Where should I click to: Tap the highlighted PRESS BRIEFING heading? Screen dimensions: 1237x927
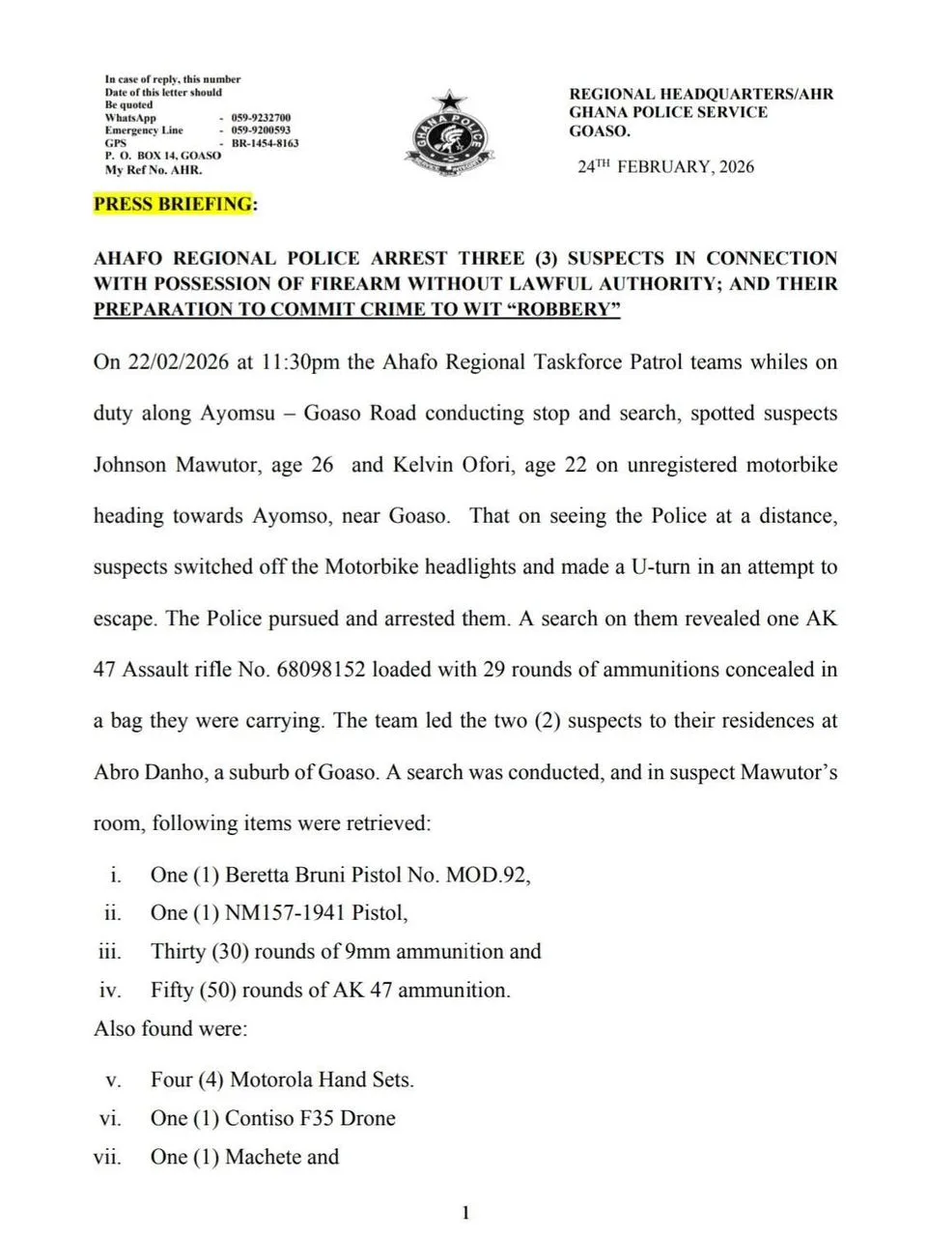tap(173, 204)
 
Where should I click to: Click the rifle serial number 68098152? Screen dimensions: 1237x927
tap(321, 670)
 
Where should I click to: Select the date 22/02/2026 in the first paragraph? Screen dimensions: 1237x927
tap(176, 362)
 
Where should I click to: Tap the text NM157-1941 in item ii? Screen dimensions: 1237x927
tap(286, 913)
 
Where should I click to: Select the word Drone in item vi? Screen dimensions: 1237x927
tap(367, 1119)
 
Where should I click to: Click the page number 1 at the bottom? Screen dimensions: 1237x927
tap(465, 1214)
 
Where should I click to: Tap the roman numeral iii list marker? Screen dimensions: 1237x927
tap(110, 952)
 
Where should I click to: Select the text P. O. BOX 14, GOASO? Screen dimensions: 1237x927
tap(162, 156)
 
